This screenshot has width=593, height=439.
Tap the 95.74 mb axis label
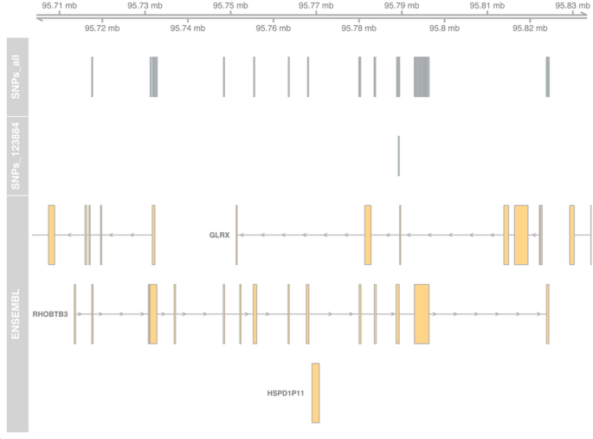pos(187,28)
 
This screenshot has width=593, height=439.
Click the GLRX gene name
pos(220,235)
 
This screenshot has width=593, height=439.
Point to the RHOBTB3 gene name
pos(49,313)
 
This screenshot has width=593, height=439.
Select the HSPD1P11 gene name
pos(285,393)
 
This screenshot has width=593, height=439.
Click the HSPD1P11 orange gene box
pos(315,393)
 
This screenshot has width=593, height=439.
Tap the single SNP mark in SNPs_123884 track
pos(398,156)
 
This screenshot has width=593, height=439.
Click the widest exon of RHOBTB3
pos(422,313)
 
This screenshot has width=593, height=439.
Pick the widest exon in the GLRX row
pos(520,235)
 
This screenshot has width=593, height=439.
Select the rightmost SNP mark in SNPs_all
pos(547,76)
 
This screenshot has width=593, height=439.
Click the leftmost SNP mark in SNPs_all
pos(92,76)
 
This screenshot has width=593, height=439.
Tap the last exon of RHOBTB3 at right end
pos(547,313)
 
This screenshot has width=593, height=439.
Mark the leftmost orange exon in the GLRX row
pos(51,235)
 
